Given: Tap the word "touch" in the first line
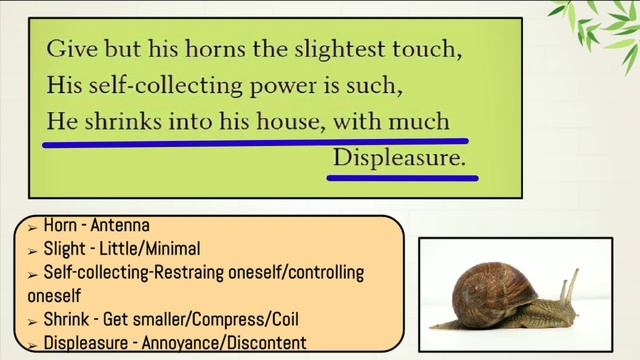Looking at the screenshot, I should (434, 49).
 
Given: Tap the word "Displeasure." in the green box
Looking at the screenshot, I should (400, 158).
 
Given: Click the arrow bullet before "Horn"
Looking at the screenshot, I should (33, 227).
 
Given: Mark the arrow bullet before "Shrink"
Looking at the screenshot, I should (33, 321).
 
